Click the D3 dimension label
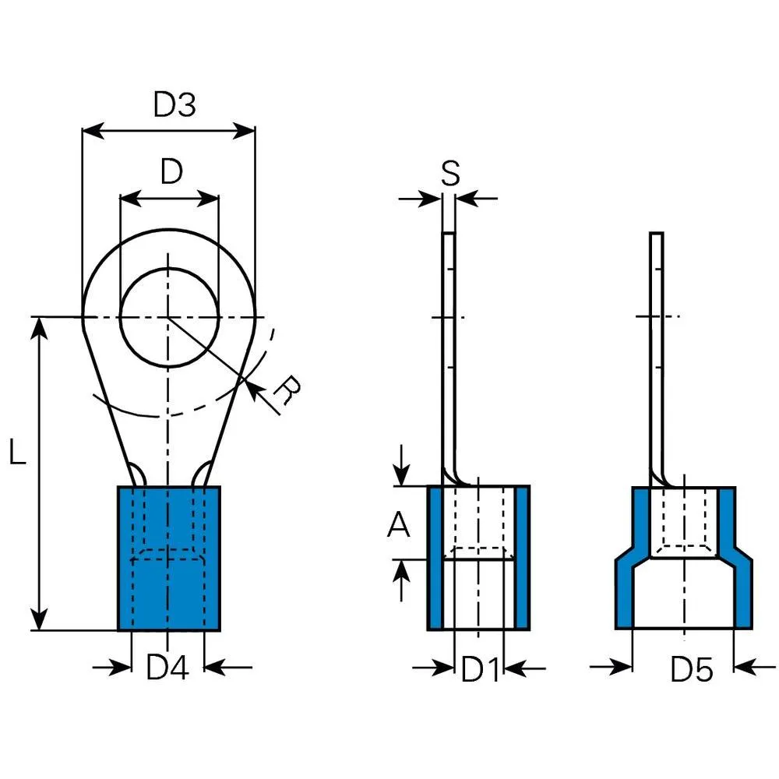[174, 104]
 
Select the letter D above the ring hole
[172, 171]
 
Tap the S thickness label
[450, 174]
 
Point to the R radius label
[288, 390]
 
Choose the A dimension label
[398, 524]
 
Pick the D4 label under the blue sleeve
[167, 668]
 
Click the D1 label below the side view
[481, 668]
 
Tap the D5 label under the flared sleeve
[692, 669]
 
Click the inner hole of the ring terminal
[169, 318]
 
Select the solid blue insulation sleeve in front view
[169, 559]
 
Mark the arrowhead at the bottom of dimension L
[39, 619]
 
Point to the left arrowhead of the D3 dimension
[93, 131]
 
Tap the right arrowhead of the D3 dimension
[244, 131]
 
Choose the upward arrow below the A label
[401, 580]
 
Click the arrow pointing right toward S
[420, 199]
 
